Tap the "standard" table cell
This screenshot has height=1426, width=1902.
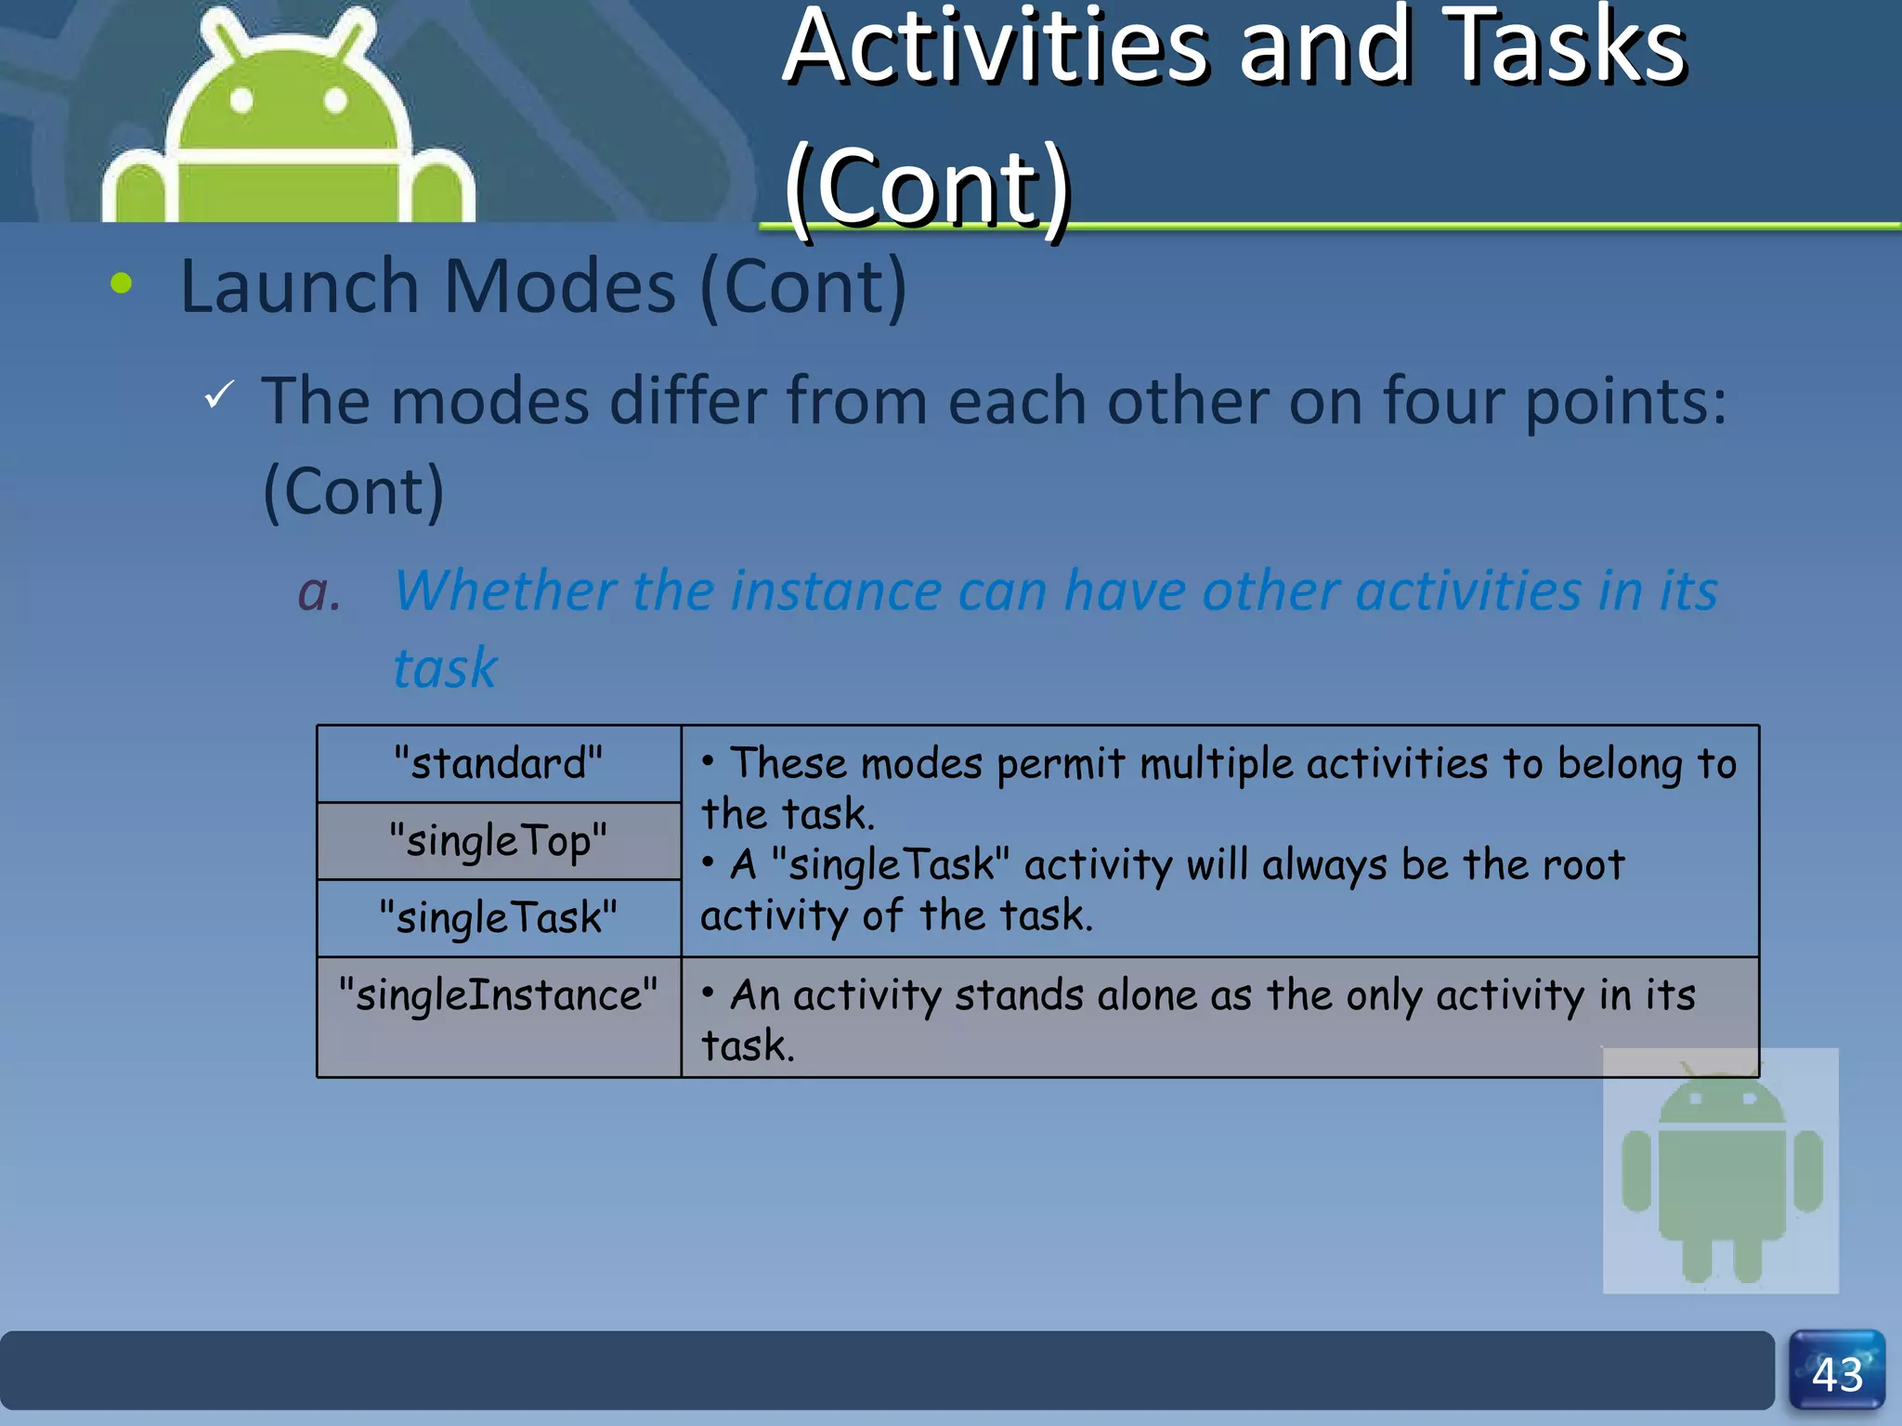coord(499,763)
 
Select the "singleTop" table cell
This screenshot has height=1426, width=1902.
coord(499,840)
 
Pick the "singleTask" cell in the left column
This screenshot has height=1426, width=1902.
coord(499,917)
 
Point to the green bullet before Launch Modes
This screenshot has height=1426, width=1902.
coord(121,283)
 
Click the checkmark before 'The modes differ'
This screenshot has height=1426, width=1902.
coord(219,395)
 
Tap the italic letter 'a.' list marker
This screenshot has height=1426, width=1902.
coord(319,591)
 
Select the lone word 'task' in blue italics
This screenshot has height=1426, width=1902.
coord(445,668)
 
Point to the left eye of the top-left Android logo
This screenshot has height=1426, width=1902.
coord(241,99)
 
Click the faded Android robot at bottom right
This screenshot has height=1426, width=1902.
coord(1721,1172)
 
